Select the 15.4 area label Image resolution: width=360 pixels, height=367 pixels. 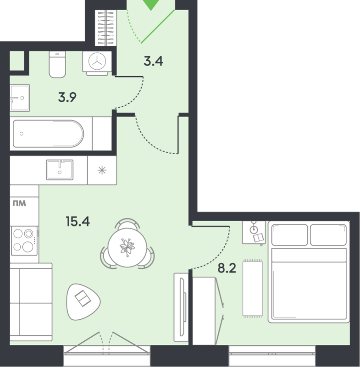pyautogui.click(x=78, y=222)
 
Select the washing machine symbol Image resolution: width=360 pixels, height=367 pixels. pyautogui.click(x=98, y=61)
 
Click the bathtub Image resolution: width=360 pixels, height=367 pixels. pyautogui.click(x=48, y=133)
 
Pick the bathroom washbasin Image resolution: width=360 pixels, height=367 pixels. pyautogui.click(x=20, y=98)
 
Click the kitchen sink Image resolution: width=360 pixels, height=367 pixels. pyautogui.click(x=59, y=169)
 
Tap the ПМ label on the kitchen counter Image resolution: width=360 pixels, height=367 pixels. pyautogui.click(x=18, y=202)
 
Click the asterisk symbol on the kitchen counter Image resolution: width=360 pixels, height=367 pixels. pyautogui.click(x=101, y=170)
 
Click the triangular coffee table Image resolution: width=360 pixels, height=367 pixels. pyautogui.click(x=83, y=300)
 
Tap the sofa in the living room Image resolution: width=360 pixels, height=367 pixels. pyautogui.click(x=30, y=303)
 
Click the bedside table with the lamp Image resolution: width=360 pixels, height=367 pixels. pyautogui.click(x=254, y=232)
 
